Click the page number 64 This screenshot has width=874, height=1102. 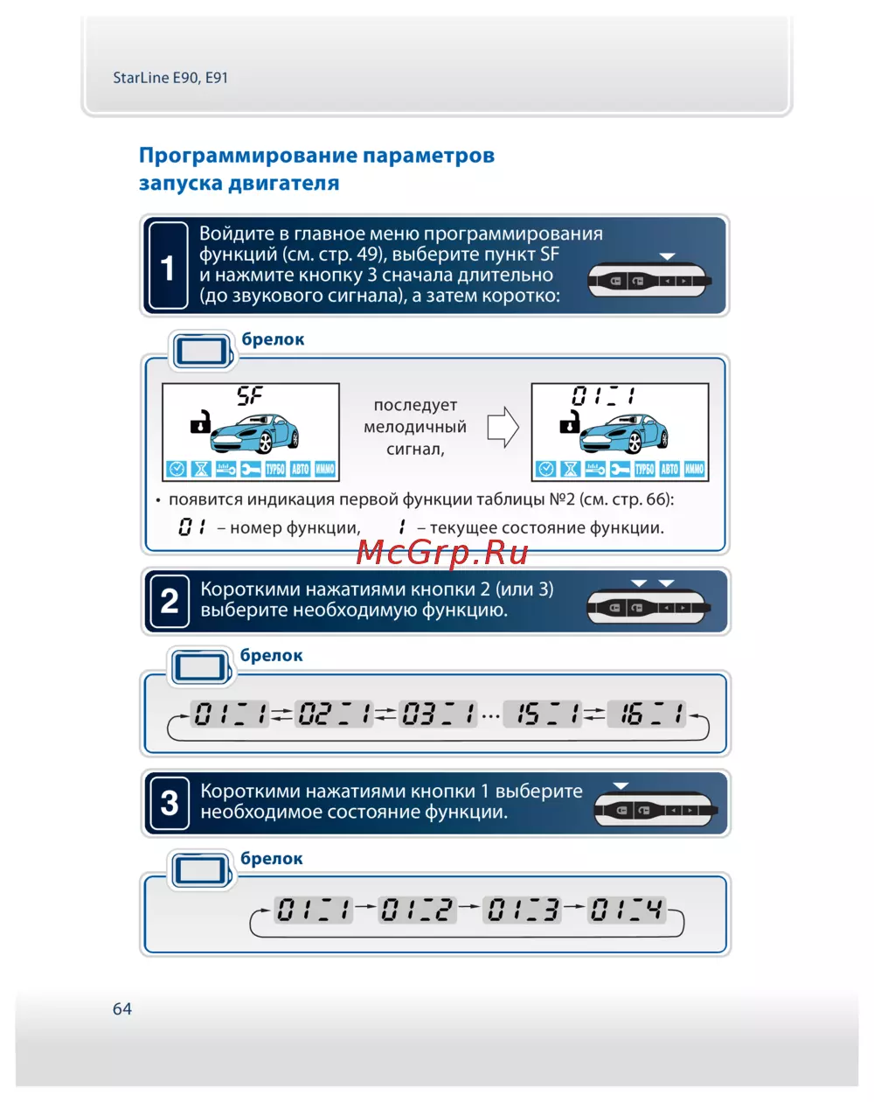point(122,1008)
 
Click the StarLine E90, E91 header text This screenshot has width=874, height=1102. point(170,78)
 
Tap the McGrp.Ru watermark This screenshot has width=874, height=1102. point(442,552)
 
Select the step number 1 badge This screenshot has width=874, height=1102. point(168,267)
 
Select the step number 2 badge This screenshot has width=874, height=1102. point(170,601)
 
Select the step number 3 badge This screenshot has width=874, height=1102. point(170,803)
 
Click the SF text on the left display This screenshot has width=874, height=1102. point(250,396)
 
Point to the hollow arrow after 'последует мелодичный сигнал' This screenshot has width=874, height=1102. point(503,428)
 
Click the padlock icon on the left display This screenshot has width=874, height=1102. point(201,422)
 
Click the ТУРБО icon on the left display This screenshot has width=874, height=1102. point(275,469)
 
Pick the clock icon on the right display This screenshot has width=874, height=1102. point(546,469)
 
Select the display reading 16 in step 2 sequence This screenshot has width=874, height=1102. point(647,715)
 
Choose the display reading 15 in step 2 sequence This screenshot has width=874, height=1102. point(544,715)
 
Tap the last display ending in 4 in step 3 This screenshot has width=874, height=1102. point(627,910)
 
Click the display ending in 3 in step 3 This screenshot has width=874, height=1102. point(523,910)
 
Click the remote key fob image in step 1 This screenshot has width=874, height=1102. point(649,281)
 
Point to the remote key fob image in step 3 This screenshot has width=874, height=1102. point(655,810)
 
